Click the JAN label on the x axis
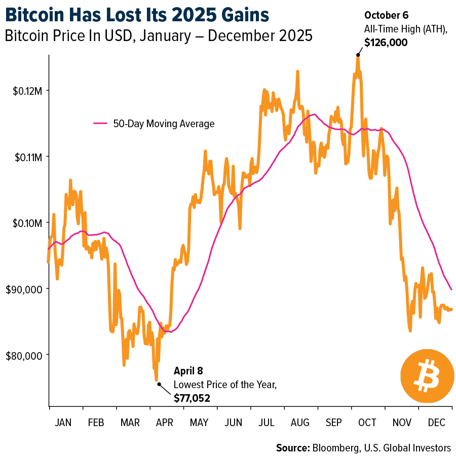pos(63,422)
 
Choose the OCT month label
pos(367,422)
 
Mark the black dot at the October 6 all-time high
pos(358,55)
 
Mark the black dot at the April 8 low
pos(159,384)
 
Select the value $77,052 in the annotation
pos(192,399)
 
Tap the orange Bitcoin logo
pos(424,375)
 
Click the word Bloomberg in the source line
pos(336,447)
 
